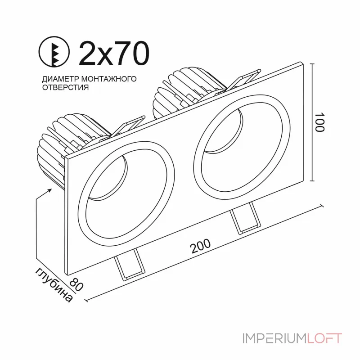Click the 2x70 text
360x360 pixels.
pyautogui.click(x=113, y=53)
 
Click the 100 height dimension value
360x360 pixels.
pyautogui.click(x=319, y=122)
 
